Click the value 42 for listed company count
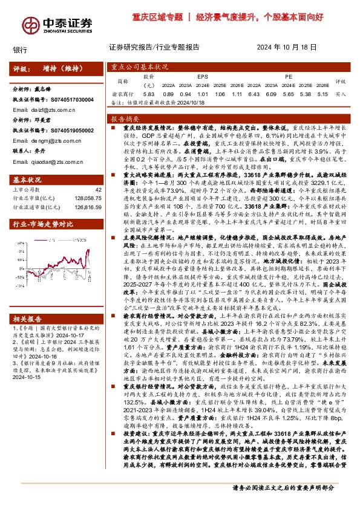click(97, 190)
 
